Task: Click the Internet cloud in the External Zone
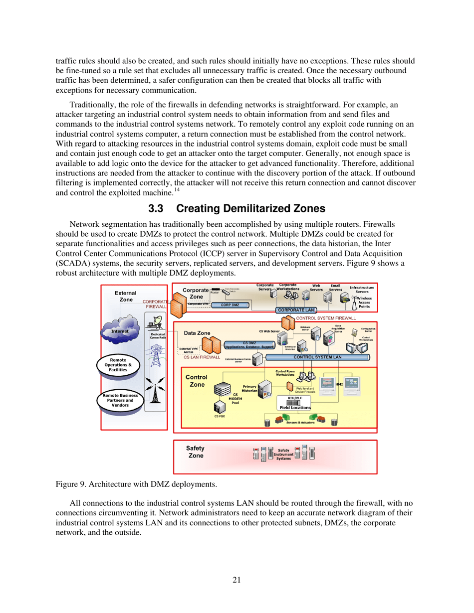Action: [x=119, y=330]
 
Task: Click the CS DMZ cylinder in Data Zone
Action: [x=249, y=345]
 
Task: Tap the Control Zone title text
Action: [x=196, y=381]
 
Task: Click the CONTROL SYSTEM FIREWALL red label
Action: [x=326, y=317]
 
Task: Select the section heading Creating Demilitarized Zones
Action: [x=237, y=208]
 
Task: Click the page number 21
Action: [x=237, y=580]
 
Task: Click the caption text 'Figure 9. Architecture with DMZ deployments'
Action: [x=136, y=483]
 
